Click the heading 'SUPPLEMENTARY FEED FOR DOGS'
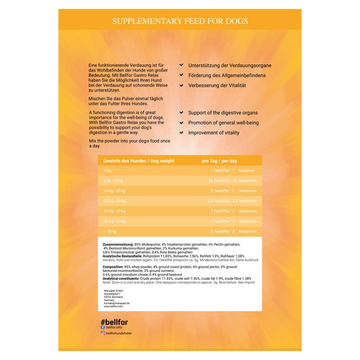180,21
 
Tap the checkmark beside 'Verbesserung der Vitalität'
182,85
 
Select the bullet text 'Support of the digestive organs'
223,113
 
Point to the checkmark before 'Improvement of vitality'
182,132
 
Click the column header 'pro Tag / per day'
219,161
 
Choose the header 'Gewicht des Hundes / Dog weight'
139,161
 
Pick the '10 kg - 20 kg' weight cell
114,191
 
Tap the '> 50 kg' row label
110,231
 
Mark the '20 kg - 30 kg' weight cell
114,201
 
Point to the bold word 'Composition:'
113,267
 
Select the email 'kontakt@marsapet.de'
117,303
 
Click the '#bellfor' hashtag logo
114,322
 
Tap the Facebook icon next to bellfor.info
103,327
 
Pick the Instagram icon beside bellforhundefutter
103,333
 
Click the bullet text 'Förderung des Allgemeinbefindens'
227,75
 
